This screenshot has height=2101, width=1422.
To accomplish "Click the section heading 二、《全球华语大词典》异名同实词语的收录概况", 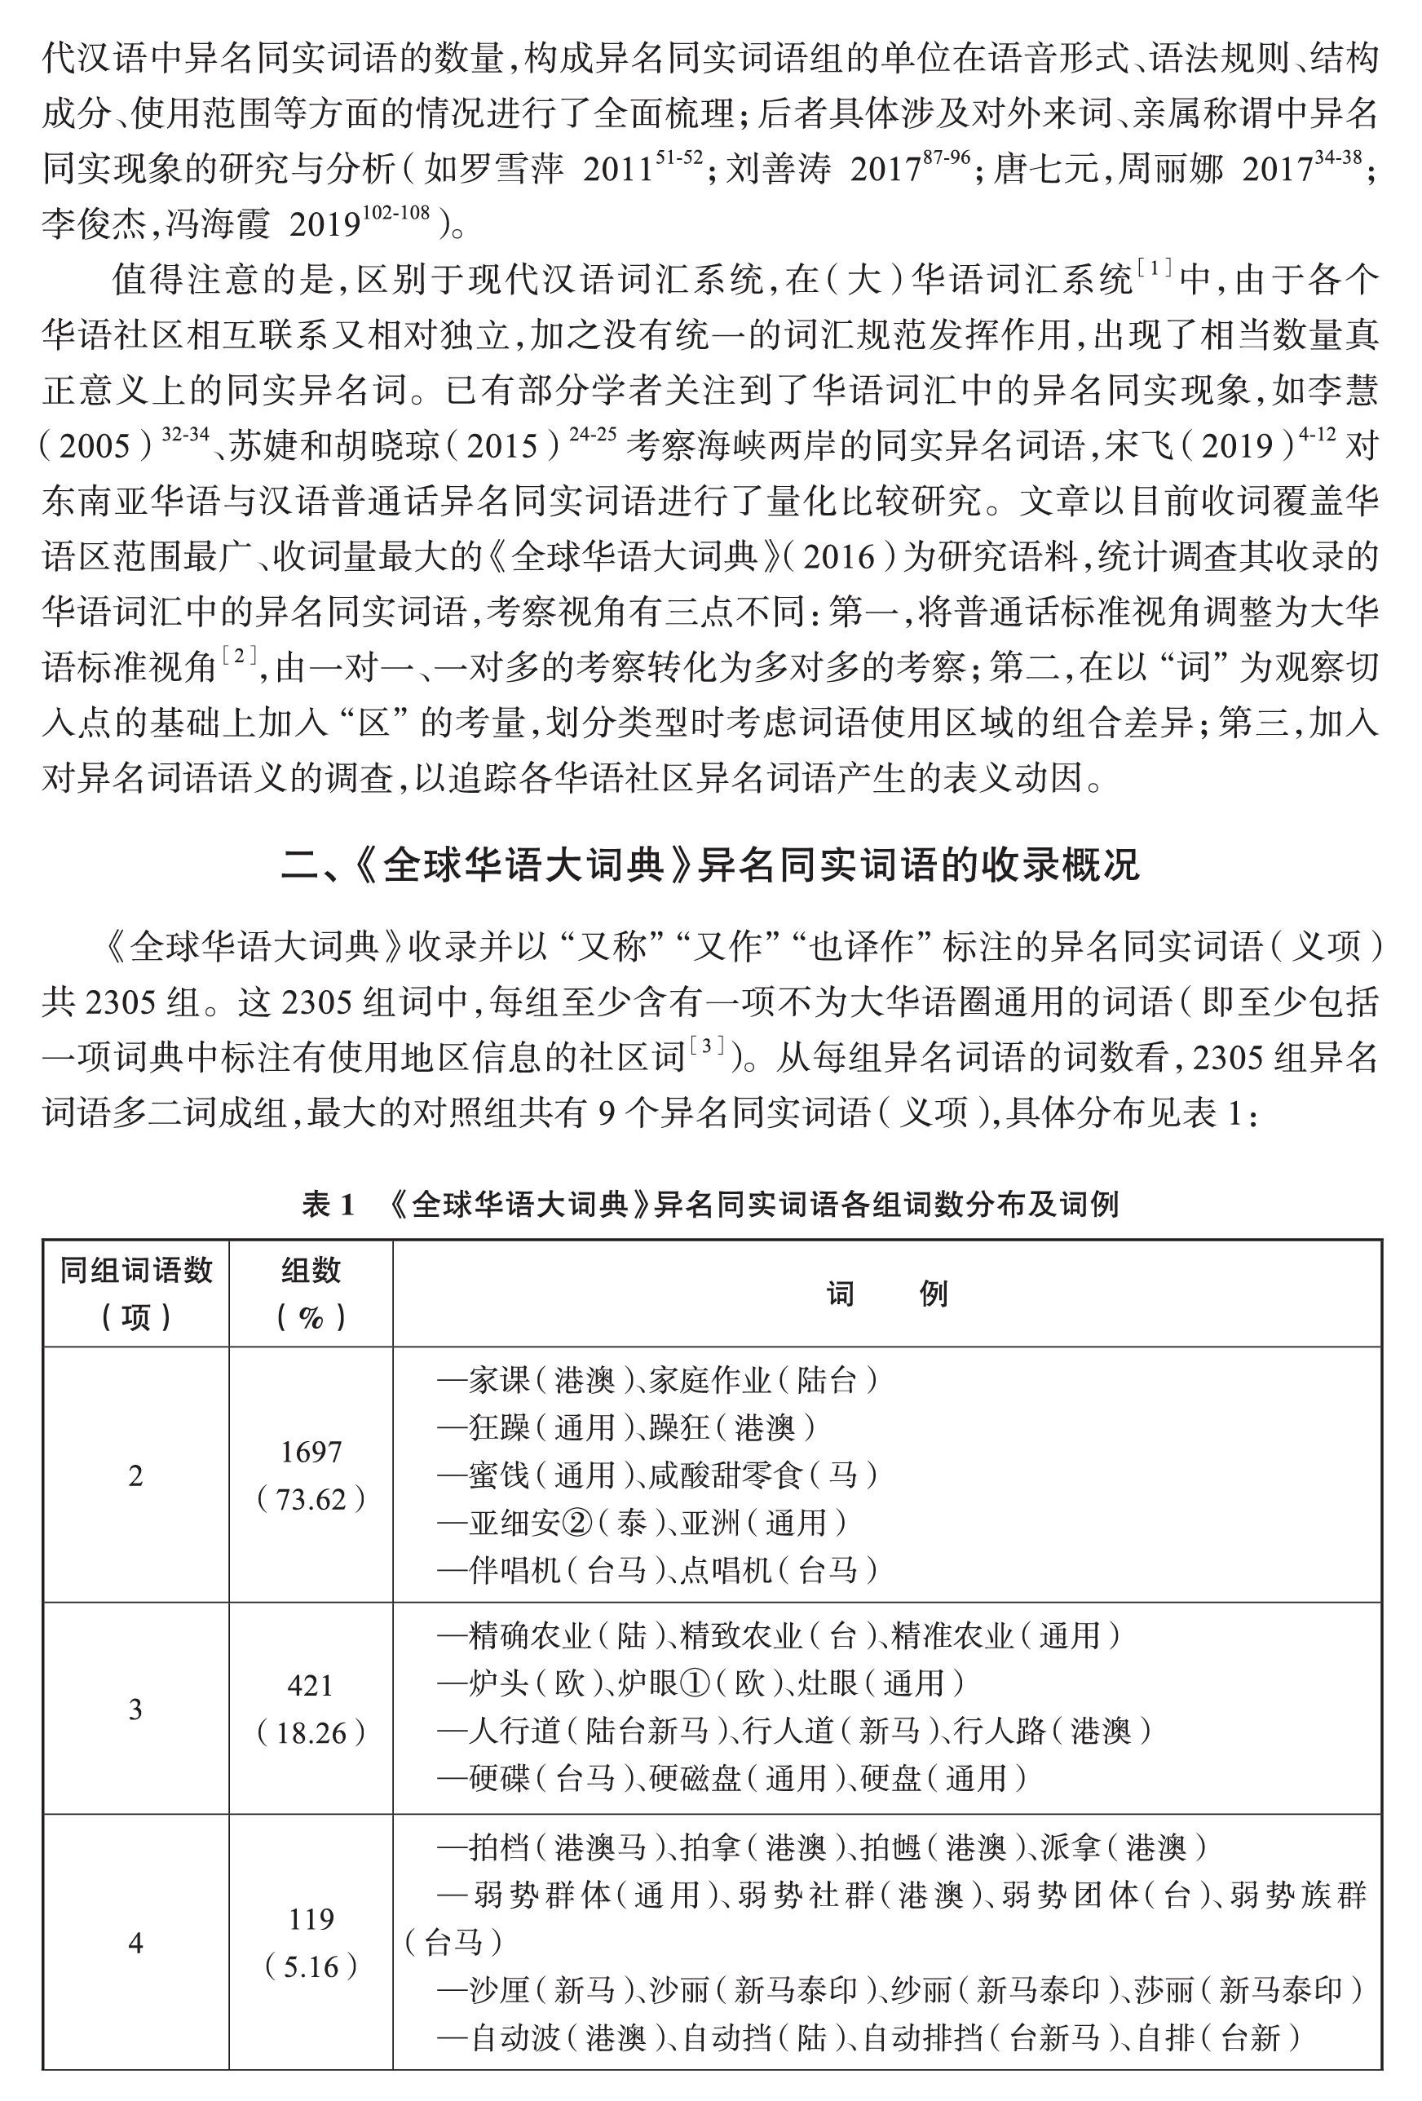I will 710,865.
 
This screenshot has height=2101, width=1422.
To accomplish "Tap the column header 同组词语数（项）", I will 135,1294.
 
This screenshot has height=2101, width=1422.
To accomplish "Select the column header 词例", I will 887,1294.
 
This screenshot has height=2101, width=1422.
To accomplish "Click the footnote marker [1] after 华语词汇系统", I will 1154,268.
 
